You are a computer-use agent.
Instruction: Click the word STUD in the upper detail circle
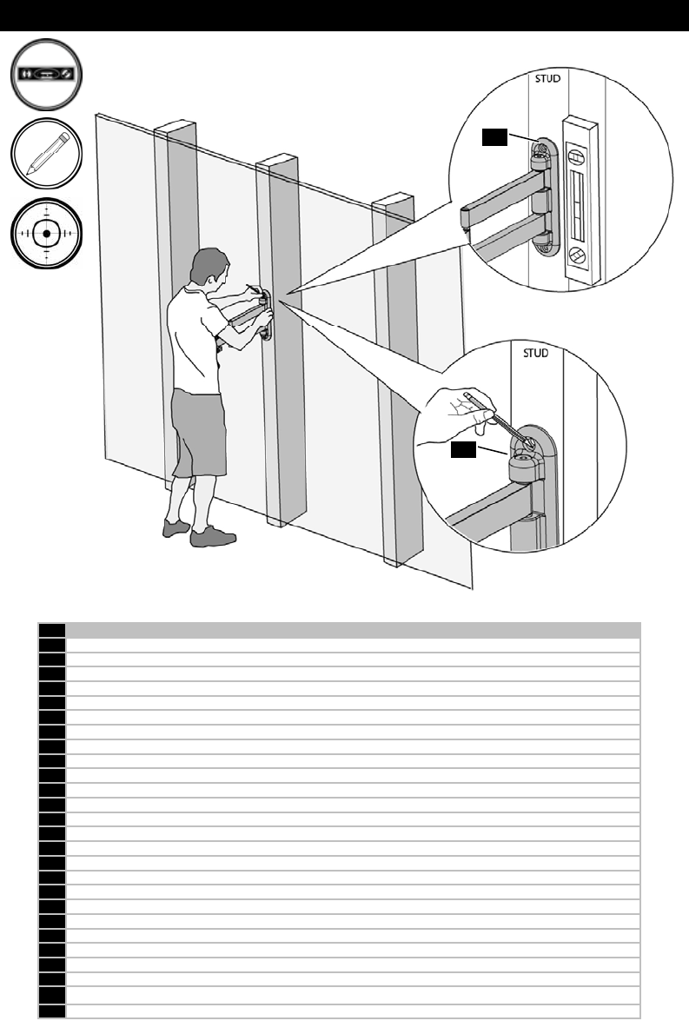pyautogui.click(x=546, y=77)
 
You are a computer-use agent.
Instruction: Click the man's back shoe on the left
pyautogui.click(x=176, y=527)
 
